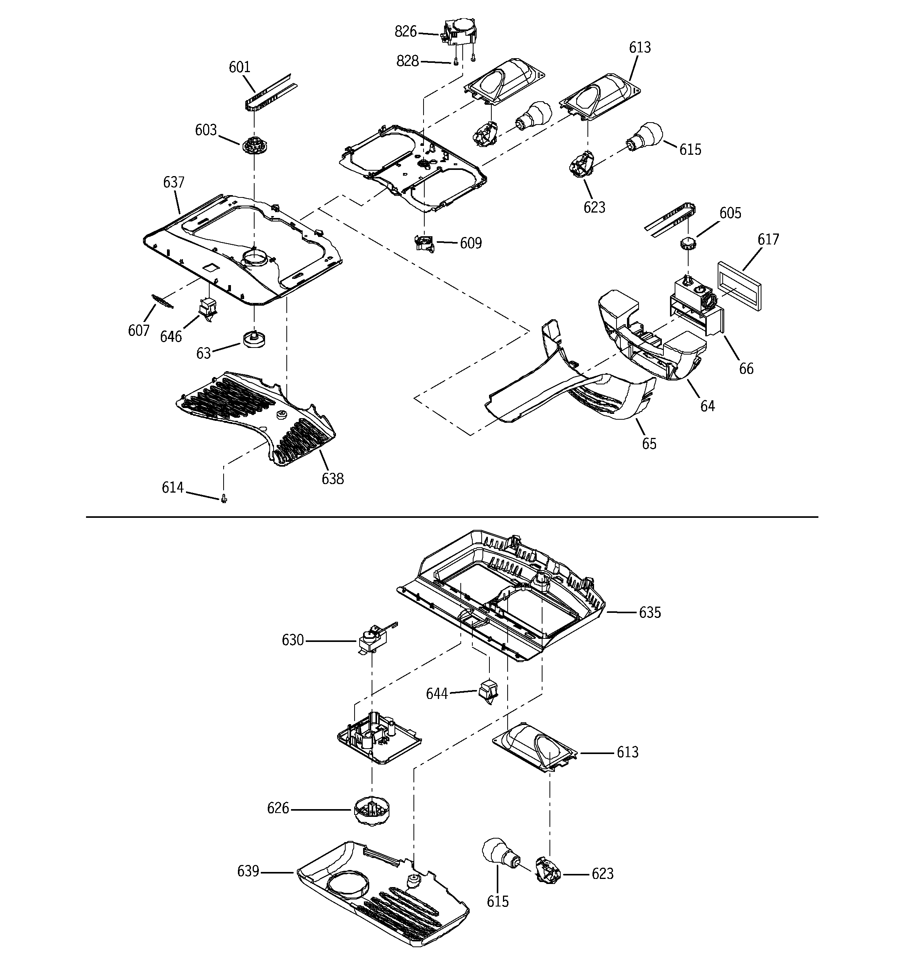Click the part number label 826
tap(405, 32)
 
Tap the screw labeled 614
tap(224, 499)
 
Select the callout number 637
tap(174, 183)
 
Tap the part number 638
tap(332, 479)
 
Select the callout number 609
tap(470, 243)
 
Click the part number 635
tap(649, 613)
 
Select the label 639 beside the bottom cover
tap(248, 871)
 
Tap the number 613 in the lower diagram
tap(627, 752)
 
